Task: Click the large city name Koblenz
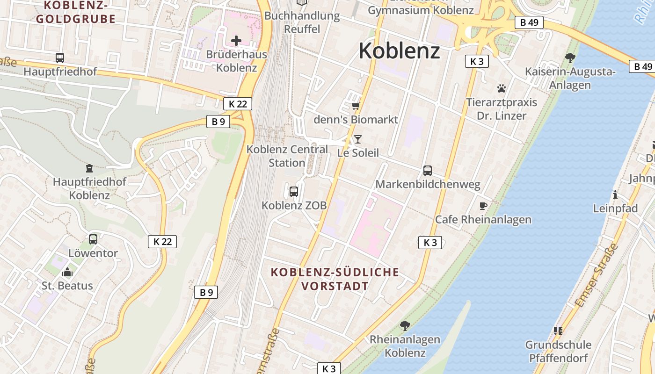pos(399,50)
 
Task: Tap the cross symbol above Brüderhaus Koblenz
pos(236,41)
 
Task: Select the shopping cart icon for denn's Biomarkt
pos(356,106)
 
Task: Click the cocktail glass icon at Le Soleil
pos(358,139)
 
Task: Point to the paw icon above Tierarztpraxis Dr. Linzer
pos(502,88)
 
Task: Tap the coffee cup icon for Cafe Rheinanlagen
pos(483,206)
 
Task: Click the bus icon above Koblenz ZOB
pos(294,191)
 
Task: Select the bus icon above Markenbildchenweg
pos(428,171)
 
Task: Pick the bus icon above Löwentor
pos(93,239)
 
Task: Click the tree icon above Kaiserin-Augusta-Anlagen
pos(570,58)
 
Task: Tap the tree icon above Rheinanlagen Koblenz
pos(405,325)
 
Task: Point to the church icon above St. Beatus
pos(67,272)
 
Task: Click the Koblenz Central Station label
pos(287,156)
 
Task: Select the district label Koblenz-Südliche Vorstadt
pos(335,279)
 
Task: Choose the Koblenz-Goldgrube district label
pos(76,13)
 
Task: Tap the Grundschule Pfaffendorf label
pos(558,351)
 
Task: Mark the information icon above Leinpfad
pos(615,194)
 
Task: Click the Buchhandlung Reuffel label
pos(302,22)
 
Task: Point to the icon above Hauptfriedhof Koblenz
pos(89,168)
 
